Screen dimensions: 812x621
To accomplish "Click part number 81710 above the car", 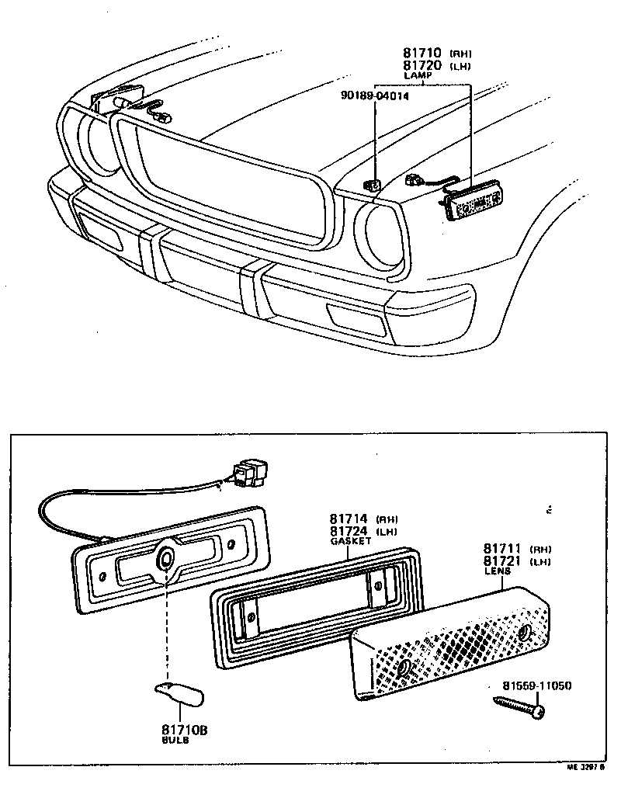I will (422, 53).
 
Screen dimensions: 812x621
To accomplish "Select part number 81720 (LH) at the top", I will (422, 65).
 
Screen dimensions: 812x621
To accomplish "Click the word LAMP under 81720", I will (416, 76).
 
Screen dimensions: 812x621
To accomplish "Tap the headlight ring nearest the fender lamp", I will (378, 237).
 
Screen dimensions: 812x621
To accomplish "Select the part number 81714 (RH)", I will (349, 519).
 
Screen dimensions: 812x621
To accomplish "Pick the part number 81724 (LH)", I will (349, 531).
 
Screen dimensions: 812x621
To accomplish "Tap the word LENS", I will (497, 571).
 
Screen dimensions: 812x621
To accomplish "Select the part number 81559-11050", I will (536, 685).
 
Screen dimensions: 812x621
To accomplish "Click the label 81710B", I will (185, 730).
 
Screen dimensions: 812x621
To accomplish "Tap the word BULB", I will (175, 741).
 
